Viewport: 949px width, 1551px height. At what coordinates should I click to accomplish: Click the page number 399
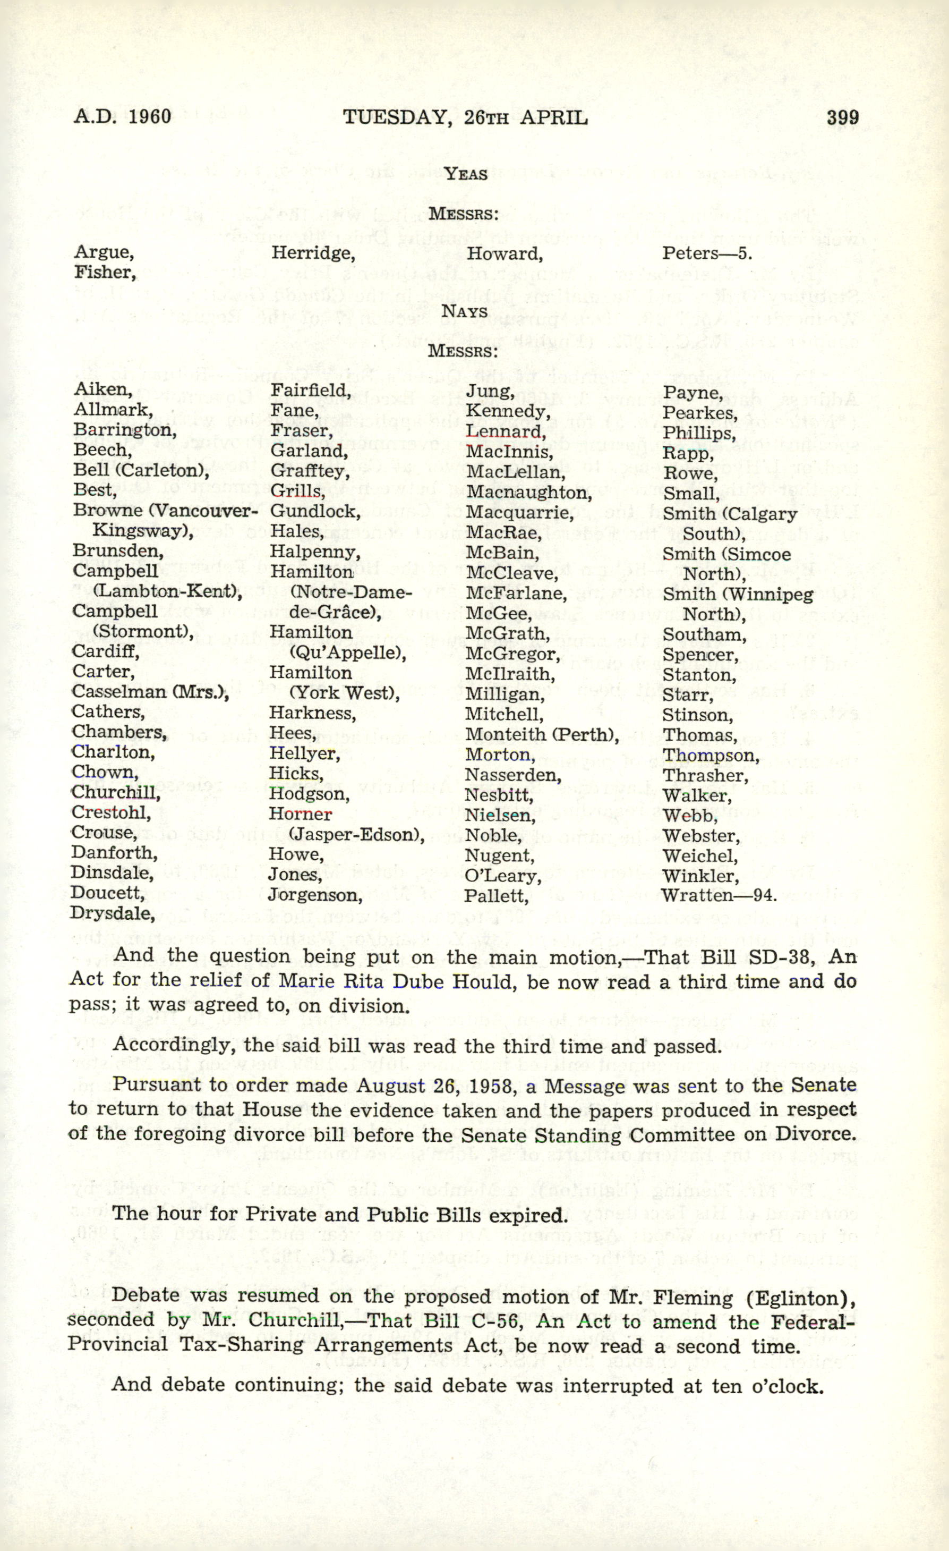(x=842, y=118)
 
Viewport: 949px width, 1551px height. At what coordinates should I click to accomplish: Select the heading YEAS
(x=465, y=174)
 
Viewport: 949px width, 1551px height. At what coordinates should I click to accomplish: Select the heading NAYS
(x=465, y=311)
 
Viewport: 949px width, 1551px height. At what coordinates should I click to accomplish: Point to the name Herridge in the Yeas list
(x=313, y=253)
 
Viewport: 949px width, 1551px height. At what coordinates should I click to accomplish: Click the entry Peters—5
(x=706, y=253)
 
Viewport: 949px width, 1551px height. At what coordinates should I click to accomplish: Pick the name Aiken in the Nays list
(x=102, y=389)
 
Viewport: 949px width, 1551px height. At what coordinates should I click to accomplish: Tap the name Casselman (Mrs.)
(x=150, y=691)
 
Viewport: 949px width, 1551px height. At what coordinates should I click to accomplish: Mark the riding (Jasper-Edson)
(x=356, y=835)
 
